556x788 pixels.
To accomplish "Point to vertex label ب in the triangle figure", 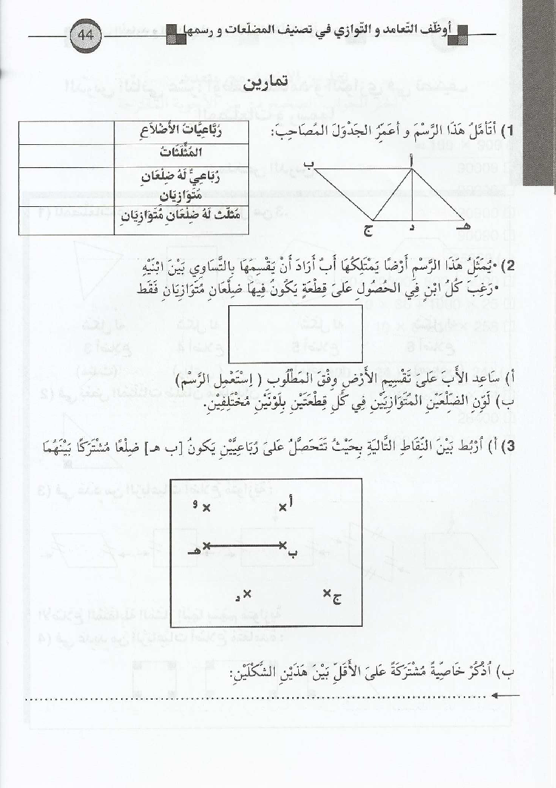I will click(x=308, y=163).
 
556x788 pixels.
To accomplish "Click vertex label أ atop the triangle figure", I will click(x=412, y=159).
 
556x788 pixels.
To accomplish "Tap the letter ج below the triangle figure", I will click(x=368, y=231).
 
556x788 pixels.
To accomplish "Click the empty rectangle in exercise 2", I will click(x=296, y=333).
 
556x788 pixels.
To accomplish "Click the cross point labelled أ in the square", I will click(x=283, y=507).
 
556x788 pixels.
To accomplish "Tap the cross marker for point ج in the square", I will click(x=327, y=593).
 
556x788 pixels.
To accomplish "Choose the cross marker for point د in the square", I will click(x=247, y=593).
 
